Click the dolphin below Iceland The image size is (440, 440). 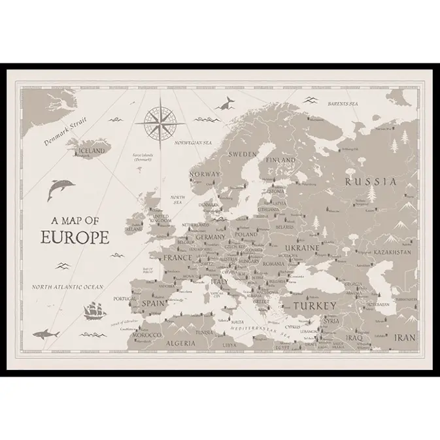[60, 189]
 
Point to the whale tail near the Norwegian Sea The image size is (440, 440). [228, 102]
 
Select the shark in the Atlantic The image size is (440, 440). [46, 334]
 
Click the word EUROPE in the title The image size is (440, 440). [75, 237]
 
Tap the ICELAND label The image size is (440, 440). [91, 151]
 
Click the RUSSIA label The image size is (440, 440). [371, 181]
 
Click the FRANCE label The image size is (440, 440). [177, 258]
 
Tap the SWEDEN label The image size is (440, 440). [243, 154]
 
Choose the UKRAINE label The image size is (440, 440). [301, 248]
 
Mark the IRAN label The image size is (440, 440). [404, 338]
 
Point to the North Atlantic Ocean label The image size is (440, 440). [68, 287]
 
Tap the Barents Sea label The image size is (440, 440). [343, 104]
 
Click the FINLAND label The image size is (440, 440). [280, 160]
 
